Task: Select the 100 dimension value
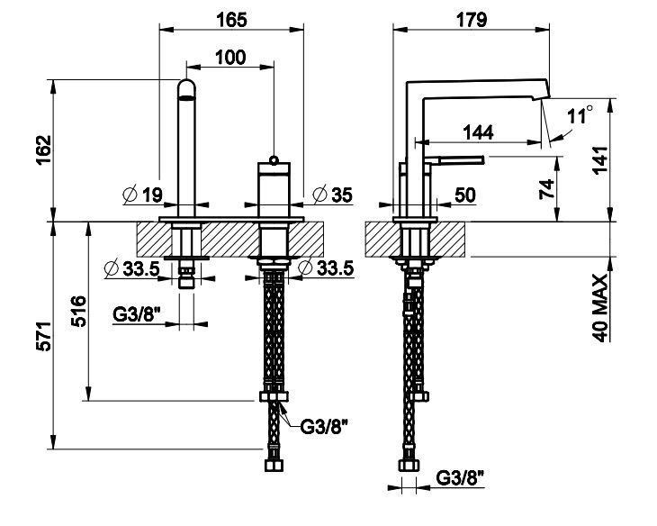(229, 57)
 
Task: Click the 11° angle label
(580, 114)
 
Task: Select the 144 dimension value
(478, 132)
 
